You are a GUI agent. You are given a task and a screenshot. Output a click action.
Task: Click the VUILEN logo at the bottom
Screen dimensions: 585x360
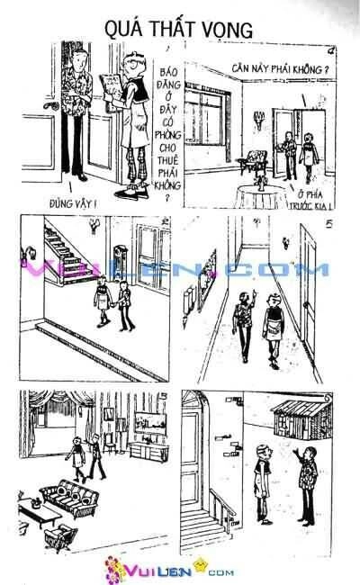180,570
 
